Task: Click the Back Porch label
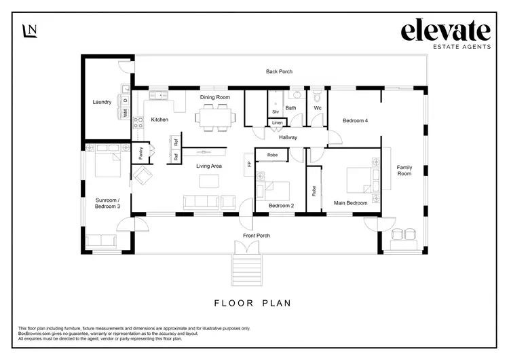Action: point(279,71)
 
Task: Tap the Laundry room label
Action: point(102,103)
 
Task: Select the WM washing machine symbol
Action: point(126,113)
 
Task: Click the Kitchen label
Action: point(159,120)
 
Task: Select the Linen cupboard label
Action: point(277,123)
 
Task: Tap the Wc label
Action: point(317,107)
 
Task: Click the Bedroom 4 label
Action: point(356,120)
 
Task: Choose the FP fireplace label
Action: point(249,164)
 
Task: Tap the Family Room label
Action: point(404,170)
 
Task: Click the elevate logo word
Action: point(445,31)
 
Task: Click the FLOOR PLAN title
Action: point(252,303)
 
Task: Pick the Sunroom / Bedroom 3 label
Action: point(108,202)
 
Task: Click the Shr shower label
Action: point(276,111)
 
